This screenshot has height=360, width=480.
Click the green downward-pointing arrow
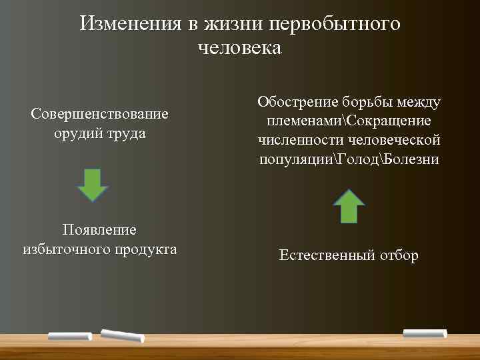click(x=93, y=185)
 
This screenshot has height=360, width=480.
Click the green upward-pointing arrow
click(x=348, y=205)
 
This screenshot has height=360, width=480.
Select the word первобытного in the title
click(x=335, y=24)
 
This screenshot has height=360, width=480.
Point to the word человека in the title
click(x=240, y=48)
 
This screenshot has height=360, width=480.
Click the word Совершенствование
click(x=99, y=114)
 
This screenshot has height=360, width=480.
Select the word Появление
click(x=99, y=230)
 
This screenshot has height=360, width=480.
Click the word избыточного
click(x=67, y=249)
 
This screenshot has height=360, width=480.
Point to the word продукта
click(x=147, y=249)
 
